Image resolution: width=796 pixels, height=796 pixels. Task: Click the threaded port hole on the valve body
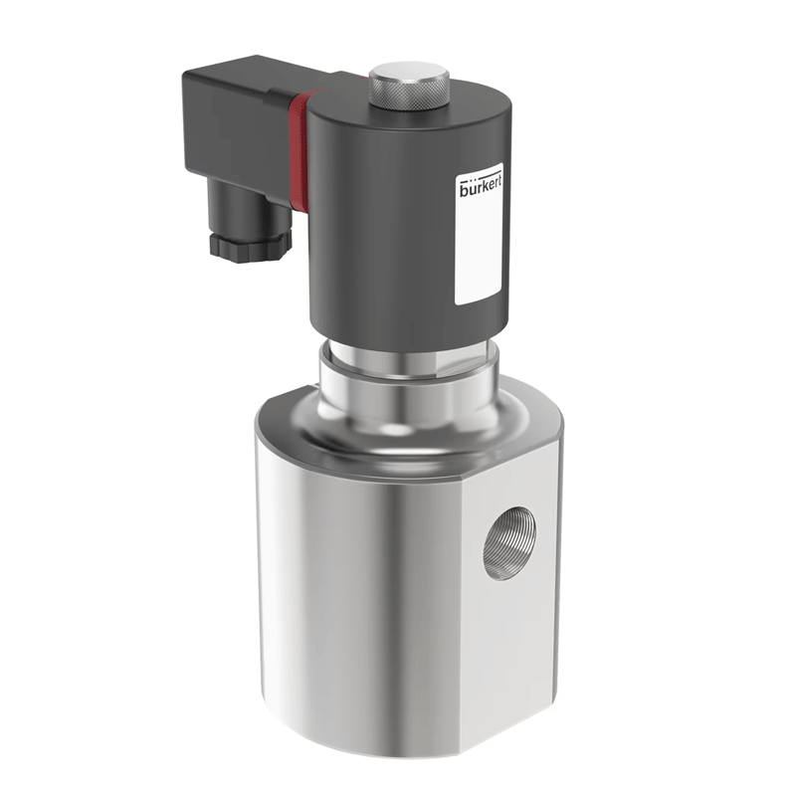point(509,542)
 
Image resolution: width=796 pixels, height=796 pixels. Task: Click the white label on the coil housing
point(479,234)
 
